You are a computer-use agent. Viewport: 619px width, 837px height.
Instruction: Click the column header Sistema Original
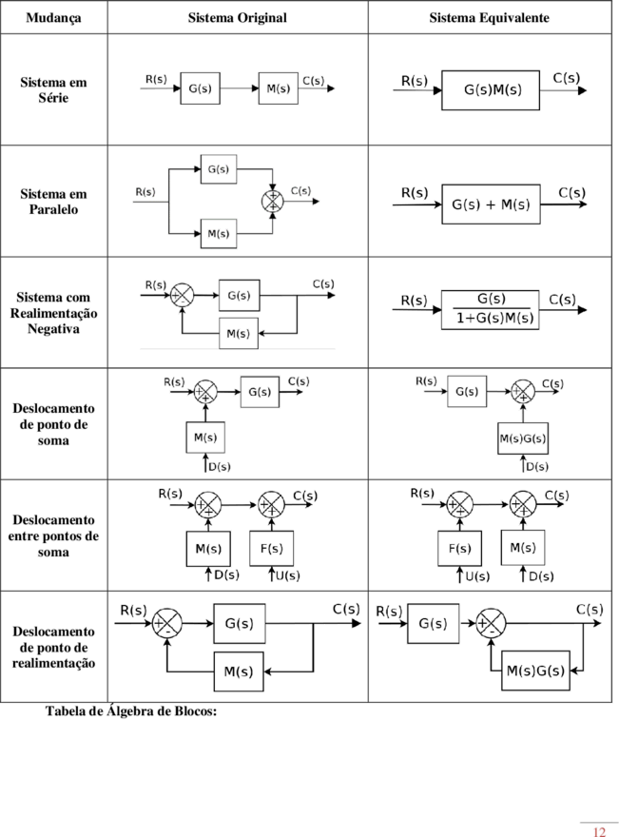[x=237, y=18]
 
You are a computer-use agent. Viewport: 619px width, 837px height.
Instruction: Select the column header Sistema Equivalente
[x=489, y=18]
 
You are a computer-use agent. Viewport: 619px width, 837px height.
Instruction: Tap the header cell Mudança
[x=53, y=18]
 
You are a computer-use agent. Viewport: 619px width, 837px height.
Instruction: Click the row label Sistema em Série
[x=53, y=89]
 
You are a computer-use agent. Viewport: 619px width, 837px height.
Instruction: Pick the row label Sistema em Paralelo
[x=53, y=202]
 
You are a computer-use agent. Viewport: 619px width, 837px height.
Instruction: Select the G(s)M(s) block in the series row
[x=491, y=89]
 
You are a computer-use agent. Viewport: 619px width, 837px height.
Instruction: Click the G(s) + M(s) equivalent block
[x=491, y=204]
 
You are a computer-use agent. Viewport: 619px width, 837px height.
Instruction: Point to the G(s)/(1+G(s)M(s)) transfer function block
[x=490, y=310]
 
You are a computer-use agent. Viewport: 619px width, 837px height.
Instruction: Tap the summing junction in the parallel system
[x=273, y=202]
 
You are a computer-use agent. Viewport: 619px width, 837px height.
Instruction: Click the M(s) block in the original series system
[x=278, y=88]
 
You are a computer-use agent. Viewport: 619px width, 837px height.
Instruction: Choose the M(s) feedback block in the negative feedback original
[x=239, y=334]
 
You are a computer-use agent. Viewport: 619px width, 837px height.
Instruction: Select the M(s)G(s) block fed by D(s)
[x=523, y=438]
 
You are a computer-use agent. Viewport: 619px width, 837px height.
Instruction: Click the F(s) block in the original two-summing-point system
[x=272, y=548]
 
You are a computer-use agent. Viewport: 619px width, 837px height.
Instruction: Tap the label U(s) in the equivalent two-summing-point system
[x=476, y=576]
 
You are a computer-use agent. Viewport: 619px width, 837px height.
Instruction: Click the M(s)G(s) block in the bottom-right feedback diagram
[x=535, y=671]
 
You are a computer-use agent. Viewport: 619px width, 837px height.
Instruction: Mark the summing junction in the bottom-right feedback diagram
[x=491, y=623]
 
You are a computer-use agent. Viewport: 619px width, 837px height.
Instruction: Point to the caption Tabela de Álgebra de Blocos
[x=131, y=711]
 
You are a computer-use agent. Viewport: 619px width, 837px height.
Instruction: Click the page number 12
[x=599, y=831]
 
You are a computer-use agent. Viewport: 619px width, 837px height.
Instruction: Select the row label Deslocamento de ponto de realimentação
[x=53, y=647]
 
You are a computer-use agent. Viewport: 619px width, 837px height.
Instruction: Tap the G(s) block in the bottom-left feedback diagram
[x=239, y=624]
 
